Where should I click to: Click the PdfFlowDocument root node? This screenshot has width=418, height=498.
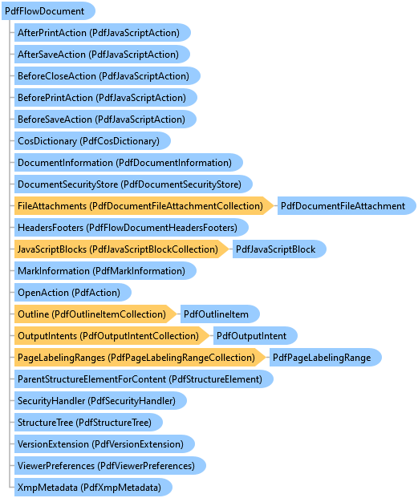(48, 11)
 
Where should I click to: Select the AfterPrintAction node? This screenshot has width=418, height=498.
(102, 33)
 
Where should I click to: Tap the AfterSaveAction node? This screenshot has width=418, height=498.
(102, 55)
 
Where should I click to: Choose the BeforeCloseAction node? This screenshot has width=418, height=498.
(107, 76)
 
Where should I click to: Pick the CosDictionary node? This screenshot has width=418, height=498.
(92, 141)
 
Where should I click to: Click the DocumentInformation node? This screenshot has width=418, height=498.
(128, 163)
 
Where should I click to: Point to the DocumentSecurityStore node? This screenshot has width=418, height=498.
(133, 184)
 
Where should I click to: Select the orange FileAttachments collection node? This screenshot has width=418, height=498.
(144, 206)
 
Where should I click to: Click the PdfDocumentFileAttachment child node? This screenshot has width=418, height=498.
(347, 206)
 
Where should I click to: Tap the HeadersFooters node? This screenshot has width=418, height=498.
(132, 228)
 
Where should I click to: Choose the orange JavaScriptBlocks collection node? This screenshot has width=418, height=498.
(121, 249)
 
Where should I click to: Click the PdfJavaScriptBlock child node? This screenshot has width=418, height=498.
(279, 249)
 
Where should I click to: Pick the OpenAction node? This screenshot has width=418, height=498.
(73, 293)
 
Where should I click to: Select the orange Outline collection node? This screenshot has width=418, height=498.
(95, 314)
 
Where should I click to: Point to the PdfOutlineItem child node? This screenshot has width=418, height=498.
(220, 314)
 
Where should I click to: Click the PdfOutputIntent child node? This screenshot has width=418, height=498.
(255, 336)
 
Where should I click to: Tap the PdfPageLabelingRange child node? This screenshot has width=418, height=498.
(326, 358)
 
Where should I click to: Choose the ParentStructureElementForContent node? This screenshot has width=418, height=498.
(144, 379)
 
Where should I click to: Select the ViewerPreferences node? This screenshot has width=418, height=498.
(110, 466)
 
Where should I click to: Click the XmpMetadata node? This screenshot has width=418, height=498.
(93, 488)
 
